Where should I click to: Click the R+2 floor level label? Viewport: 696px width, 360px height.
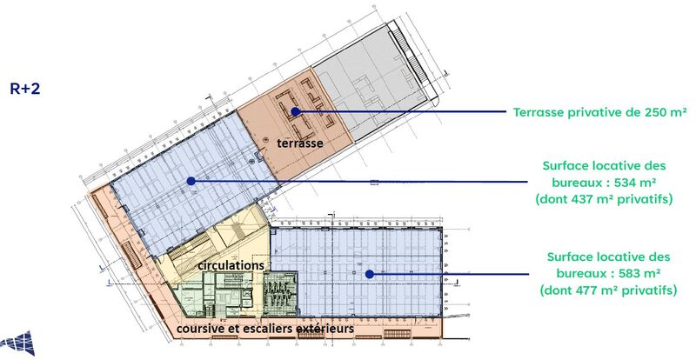(x=25, y=89)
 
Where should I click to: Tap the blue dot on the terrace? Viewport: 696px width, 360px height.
(x=296, y=111)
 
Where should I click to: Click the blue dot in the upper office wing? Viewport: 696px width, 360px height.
(x=191, y=181)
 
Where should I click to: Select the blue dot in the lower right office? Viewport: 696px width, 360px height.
(x=369, y=274)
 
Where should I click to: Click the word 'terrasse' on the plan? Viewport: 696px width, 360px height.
(x=299, y=143)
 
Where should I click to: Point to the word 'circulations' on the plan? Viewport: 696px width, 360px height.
(x=231, y=265)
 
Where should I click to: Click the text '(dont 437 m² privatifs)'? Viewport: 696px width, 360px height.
(x=604, y=199)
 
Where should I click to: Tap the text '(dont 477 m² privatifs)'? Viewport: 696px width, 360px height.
(x=608, y=290)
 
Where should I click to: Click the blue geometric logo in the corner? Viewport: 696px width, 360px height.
(x=17, y=343)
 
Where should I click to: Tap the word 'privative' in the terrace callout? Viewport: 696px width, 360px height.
(x=592, y=112)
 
